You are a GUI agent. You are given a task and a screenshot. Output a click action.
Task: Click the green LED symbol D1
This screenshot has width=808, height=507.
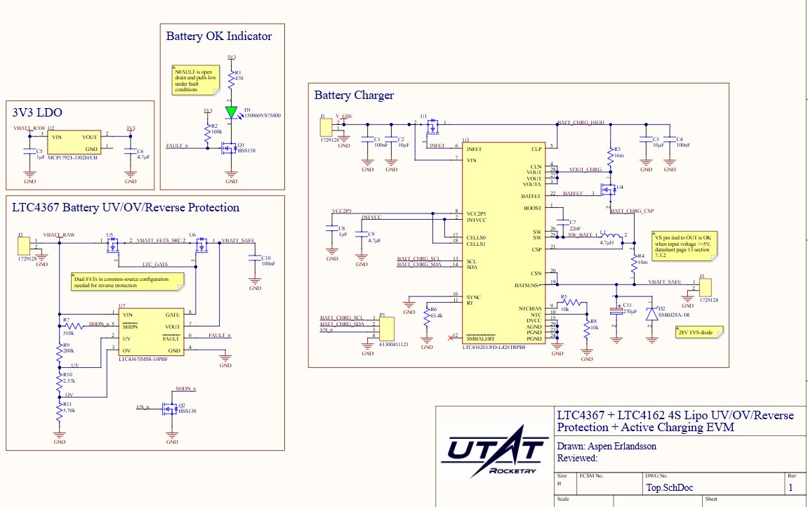pos(232,112)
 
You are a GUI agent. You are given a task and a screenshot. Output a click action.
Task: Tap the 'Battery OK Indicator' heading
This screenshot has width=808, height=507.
pos(218,36)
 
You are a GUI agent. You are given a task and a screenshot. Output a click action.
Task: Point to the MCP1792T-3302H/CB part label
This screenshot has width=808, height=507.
pos(72,157)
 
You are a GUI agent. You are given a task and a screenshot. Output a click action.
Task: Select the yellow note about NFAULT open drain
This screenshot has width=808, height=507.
pos(195,80)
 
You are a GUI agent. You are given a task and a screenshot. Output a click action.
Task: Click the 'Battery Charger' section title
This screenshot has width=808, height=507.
pos(354,95)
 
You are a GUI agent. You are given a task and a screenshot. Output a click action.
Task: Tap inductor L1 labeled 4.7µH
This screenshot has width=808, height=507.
pos(611,236)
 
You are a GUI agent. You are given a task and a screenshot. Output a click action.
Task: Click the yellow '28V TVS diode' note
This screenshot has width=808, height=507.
pos(696,333)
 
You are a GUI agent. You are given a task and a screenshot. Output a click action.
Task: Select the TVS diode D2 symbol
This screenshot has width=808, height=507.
pos(651,314)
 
